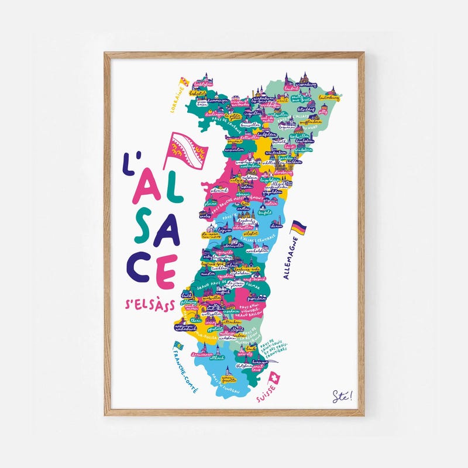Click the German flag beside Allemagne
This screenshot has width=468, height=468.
(x=299, y=228)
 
